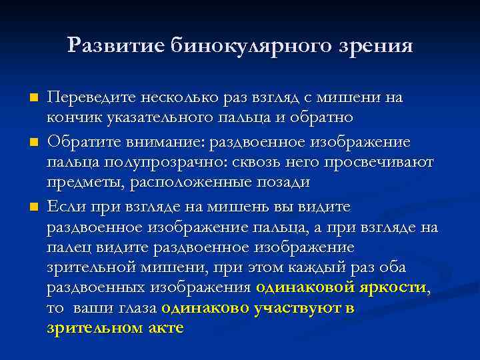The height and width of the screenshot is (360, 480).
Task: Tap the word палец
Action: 64,247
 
